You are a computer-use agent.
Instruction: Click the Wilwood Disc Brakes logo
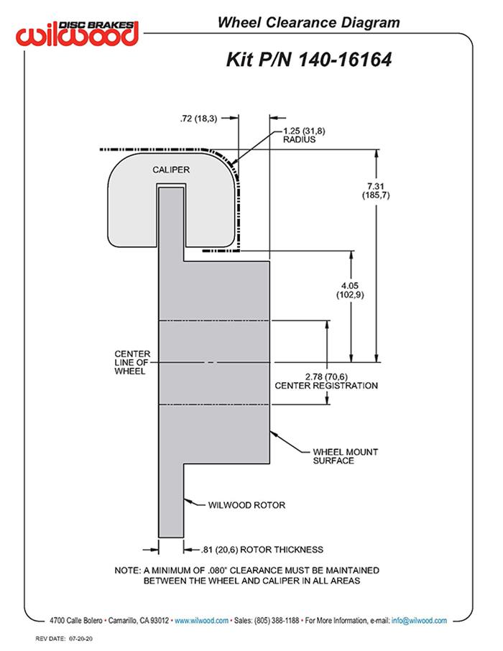coord(79,32)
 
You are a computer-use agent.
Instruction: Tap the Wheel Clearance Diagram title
coord(308,23)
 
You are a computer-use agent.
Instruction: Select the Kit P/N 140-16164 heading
coord(309,59)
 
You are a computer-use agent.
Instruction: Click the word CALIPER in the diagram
coord(170,170)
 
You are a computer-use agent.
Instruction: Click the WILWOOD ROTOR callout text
coord(246,505)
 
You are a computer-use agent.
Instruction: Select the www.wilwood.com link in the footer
coord(201,620)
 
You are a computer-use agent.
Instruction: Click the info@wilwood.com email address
coord(419,620)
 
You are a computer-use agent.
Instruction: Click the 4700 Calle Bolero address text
coord(76,620)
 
